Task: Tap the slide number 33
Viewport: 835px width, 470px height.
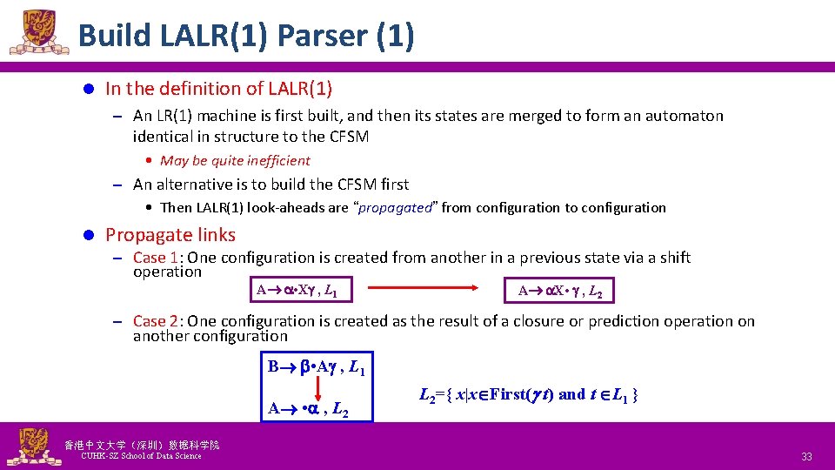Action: coord(806,456)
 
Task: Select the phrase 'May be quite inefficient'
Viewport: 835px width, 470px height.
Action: coord(235,160)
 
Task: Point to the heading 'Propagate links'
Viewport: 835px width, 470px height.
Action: coord(170,235)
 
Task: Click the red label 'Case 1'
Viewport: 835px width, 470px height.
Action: coord(157,258)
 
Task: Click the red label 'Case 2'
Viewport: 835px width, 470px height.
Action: coord(157,321)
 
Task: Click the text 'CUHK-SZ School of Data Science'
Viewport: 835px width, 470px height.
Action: coord(140,456)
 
